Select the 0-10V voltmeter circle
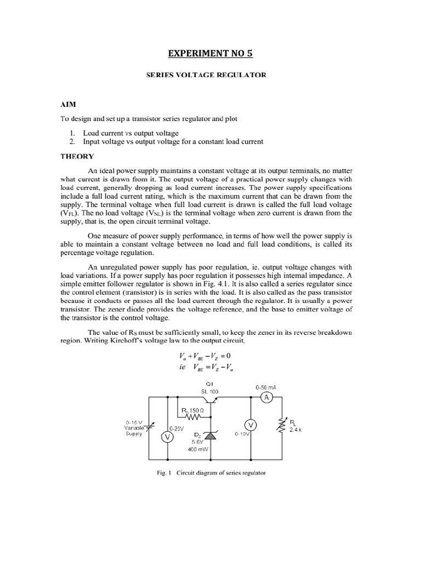point(251,425)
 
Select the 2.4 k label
point(295,430)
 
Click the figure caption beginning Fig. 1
point(210,473)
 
